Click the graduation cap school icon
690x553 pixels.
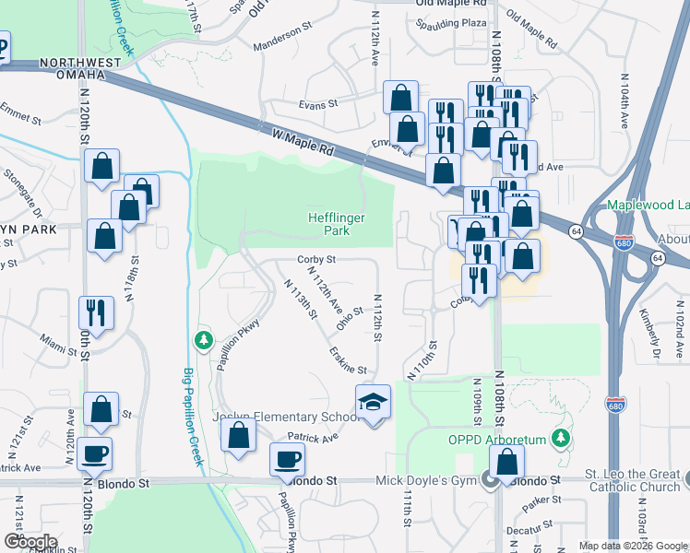[374, 403]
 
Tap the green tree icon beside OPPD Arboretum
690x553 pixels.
[559, 436]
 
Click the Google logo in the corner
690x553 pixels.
[30, 542]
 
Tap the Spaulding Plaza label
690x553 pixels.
[450, 22]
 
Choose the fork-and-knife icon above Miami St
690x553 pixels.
[96, 312]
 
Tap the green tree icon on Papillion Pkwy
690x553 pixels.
[203, 341]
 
